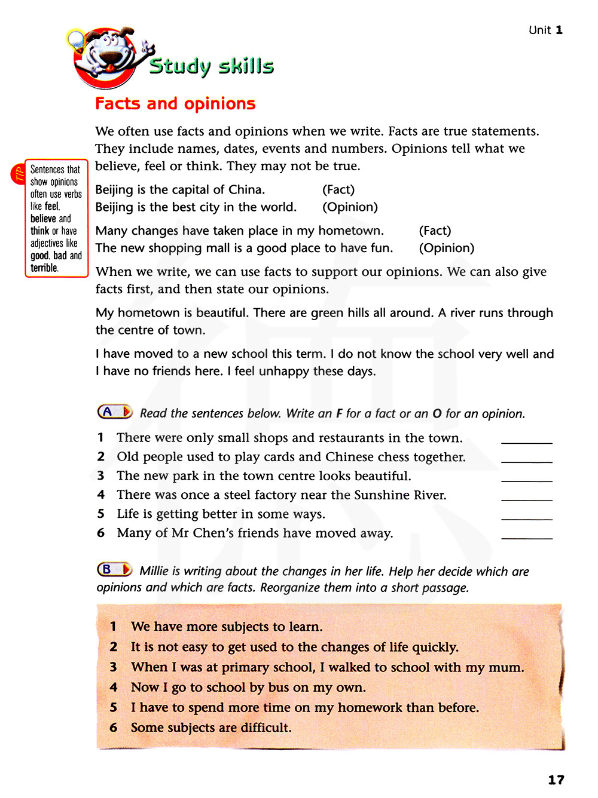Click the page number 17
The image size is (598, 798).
click(556, 779)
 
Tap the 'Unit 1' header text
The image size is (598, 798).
click(545, 30)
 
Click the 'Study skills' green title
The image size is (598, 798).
click(211, 66)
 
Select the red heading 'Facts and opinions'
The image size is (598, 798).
click(175, 104)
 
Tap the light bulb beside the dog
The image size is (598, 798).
click(75, 40)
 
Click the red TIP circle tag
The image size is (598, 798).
click(17, 174)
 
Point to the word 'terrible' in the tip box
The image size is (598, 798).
click(44, 268)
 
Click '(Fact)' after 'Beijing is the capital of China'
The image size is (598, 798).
click(338, 190)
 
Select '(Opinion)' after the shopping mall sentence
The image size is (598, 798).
click(446, 248)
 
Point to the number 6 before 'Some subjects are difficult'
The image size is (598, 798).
click(113, 728)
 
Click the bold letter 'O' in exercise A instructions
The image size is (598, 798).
click(437, 413)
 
